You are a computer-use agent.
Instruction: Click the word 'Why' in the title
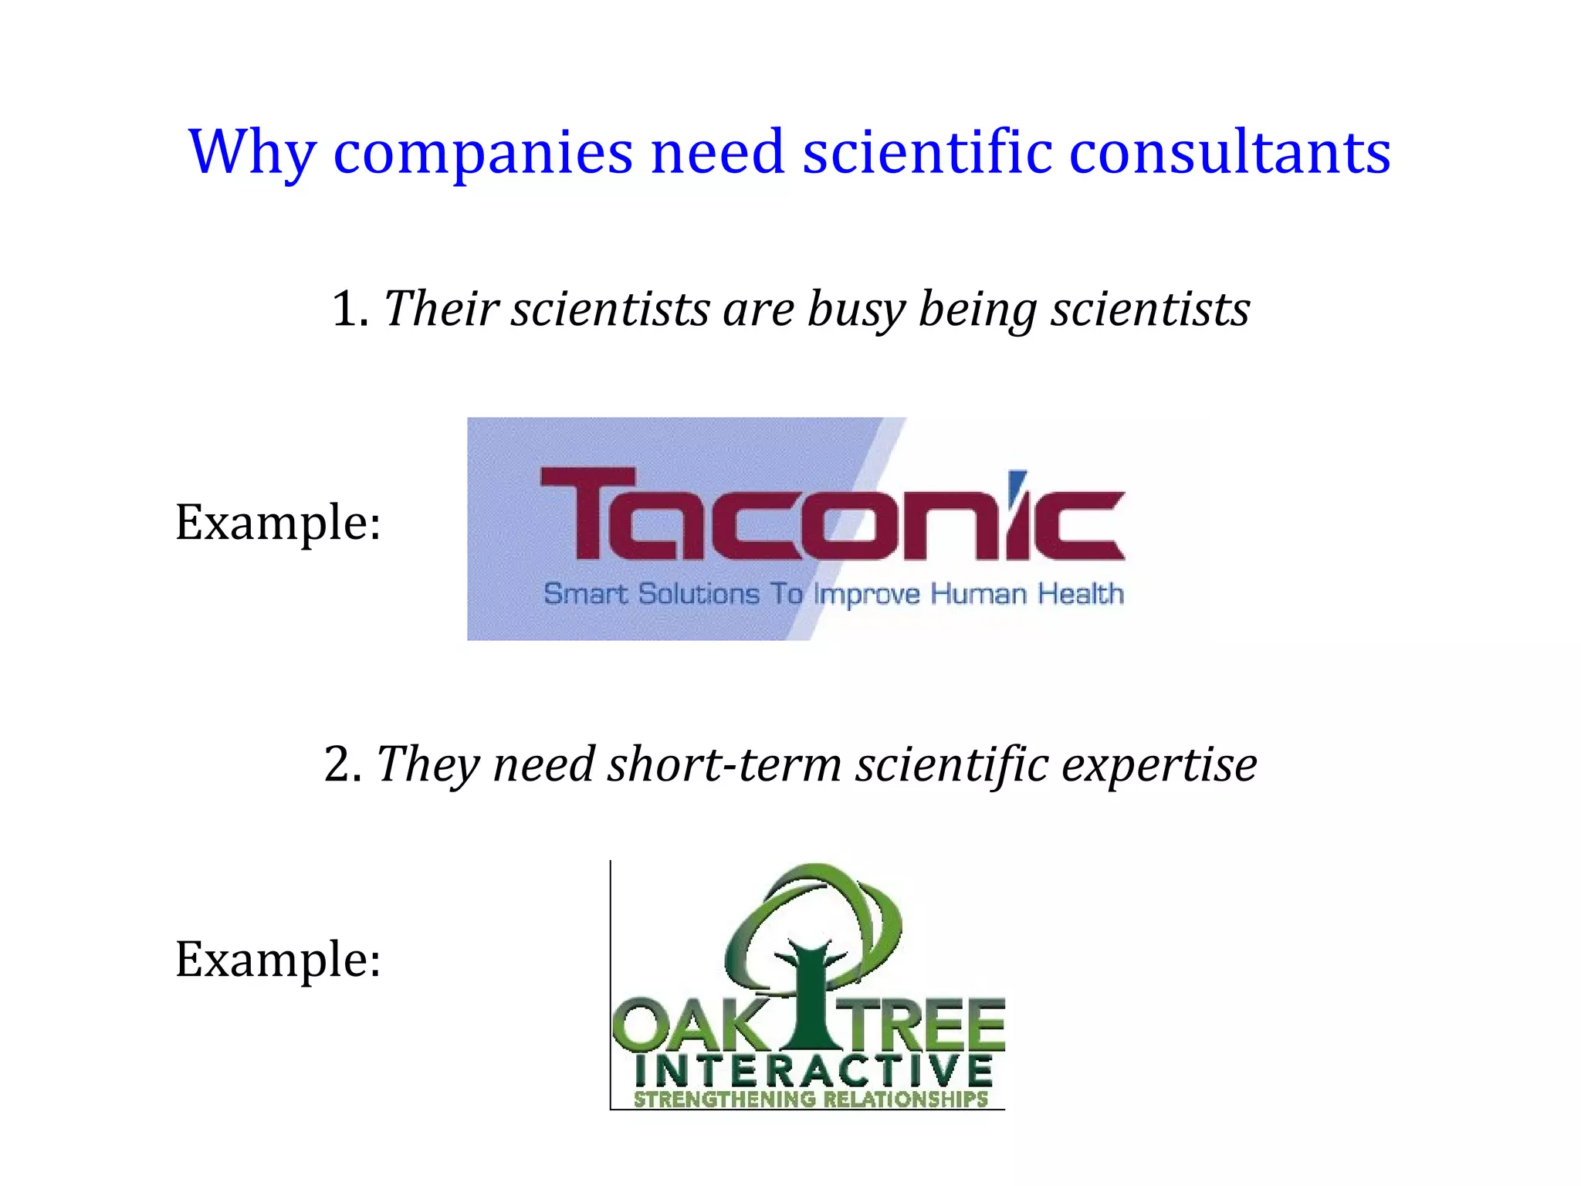click(252, 153)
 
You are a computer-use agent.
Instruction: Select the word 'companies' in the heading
click(483, 153)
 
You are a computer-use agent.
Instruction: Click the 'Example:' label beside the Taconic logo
click(278, 523)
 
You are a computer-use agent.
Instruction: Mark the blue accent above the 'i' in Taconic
click(1019, 479)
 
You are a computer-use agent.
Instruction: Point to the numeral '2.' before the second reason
click(344, 764)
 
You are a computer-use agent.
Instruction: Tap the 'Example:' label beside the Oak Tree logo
click(278, 960)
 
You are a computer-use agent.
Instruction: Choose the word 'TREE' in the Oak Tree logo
click(923, 1027)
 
